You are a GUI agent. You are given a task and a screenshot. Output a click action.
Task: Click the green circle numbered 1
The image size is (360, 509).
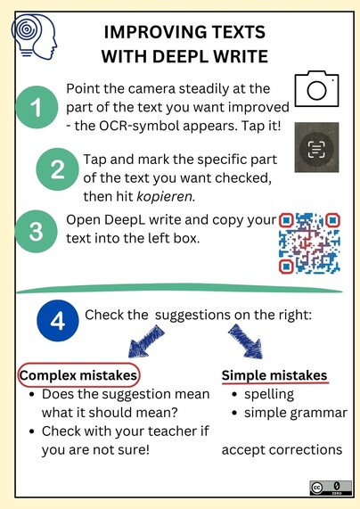[x=37, y=107]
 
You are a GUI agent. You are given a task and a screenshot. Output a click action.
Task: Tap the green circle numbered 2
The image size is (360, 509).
[x=57, y=169]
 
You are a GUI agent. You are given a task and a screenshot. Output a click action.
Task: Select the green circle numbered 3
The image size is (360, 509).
[x=36, y=231]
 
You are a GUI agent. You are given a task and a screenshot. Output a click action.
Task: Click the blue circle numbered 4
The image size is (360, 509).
[x=58, y=320]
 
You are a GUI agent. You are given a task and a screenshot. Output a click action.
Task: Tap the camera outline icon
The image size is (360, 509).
[x=316, y=88]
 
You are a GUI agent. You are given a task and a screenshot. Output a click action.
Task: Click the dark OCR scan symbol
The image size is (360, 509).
[x=316, y=147]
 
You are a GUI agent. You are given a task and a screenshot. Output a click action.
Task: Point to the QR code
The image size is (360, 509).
[x=310, y=242]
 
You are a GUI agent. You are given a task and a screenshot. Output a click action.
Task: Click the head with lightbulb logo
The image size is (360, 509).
[x=34, y=37]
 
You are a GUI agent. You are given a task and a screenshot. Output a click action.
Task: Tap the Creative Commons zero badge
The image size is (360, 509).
[x=331, y=488]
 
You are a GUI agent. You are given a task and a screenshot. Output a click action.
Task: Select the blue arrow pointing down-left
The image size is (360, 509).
[x=146, y=341]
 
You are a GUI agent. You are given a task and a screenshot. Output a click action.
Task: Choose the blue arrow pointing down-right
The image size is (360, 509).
[x=245, y=341]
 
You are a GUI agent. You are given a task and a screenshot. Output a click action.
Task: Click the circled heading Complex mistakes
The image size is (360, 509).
[x=78, y=375]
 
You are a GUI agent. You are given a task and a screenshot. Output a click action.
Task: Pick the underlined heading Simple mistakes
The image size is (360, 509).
[x=274, y=375]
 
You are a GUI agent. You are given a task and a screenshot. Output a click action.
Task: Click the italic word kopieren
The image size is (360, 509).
[x=165, y=197]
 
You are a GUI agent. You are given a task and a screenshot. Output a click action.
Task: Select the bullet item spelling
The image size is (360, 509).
[x=269, y=394]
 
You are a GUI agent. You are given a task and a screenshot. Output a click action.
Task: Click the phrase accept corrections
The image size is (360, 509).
[x=282, y=450]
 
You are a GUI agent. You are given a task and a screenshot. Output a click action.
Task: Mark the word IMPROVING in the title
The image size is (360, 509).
[x=155, y=32]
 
